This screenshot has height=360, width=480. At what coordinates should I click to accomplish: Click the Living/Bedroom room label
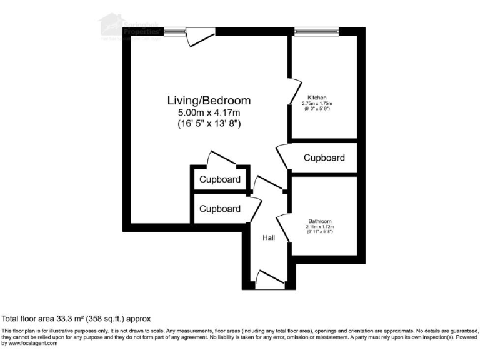pos(209,100)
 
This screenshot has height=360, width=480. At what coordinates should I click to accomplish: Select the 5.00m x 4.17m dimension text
pos(209,112)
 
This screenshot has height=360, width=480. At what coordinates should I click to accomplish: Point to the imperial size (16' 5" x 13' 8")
pos(209,124)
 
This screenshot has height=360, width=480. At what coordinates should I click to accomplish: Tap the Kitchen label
pos(317,97)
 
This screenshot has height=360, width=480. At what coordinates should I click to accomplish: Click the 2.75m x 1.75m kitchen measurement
pos(317,103)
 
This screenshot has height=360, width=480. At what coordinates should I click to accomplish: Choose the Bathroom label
pos(319,221)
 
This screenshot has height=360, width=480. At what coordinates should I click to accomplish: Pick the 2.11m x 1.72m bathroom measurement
pos(319,227)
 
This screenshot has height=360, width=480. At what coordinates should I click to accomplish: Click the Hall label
pos(269,237)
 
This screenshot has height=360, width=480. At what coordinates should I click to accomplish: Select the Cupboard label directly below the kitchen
pos(324,157)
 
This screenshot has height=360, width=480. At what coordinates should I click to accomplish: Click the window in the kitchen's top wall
pos(317,29)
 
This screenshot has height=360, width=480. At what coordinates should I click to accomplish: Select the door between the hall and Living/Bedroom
pos(267,184)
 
